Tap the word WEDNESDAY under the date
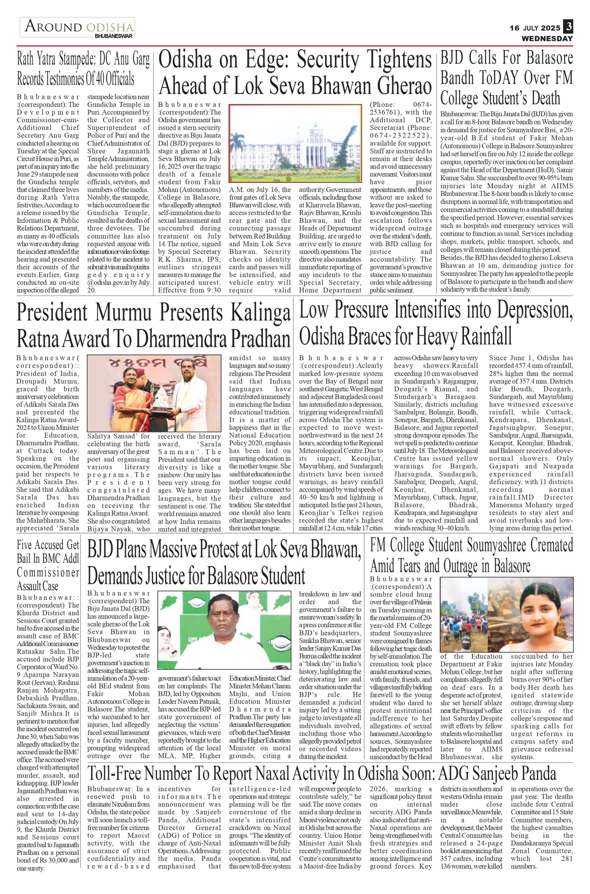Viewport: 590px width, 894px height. [547, 38]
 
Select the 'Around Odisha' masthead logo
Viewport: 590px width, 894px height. [77, 28]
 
